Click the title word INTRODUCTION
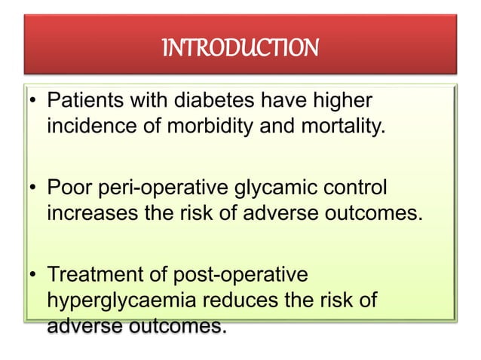point(240,50)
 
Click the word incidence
point(89,125)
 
